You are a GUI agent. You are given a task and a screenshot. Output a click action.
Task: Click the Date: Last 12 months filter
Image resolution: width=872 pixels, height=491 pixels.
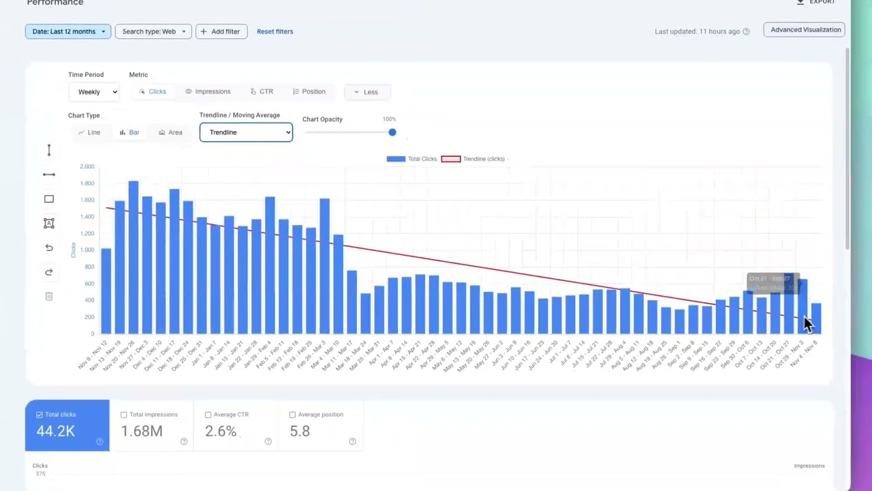68,31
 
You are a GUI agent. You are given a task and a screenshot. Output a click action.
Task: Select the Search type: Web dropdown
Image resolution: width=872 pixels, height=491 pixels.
153,31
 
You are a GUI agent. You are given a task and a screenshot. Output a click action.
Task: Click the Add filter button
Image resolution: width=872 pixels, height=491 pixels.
221,31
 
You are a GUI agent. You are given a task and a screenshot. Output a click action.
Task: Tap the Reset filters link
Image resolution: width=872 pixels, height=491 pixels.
275,31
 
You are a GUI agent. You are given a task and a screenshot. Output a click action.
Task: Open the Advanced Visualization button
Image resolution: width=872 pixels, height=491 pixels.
805,30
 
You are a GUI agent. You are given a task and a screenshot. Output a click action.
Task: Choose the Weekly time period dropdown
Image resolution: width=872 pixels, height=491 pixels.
94,92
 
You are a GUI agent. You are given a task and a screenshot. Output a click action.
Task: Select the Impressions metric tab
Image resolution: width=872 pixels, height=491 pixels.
208,91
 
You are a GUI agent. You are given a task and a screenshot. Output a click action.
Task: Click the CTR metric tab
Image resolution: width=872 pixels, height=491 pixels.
262,91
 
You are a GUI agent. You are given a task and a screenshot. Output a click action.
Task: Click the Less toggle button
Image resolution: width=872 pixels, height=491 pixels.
366,92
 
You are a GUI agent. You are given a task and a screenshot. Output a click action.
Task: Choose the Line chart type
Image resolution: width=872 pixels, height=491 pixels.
89,132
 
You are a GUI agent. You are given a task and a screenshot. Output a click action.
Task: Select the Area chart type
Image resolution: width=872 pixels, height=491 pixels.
170,132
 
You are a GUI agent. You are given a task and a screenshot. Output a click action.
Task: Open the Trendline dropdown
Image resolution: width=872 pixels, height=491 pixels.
246,132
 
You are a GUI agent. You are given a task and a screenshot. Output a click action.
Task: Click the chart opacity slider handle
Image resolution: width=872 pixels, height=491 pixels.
392,132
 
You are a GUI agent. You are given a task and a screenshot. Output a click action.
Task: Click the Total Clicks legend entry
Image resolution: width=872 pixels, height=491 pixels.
412,159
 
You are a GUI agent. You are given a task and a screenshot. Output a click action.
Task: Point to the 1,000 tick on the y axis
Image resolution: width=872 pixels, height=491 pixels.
87,250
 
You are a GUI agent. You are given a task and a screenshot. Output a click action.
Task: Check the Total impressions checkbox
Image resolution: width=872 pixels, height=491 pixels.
124,415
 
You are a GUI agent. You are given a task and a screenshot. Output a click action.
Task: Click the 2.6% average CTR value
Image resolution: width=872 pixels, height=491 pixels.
221,431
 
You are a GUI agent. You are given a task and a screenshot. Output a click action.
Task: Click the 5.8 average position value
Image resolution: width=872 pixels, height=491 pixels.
300,431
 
